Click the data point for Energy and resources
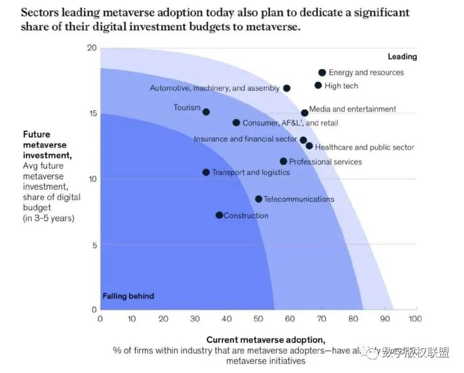(322, 73)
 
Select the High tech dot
(318, 85)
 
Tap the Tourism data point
(206, 112)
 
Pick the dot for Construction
(219, 215)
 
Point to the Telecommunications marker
(259, 199)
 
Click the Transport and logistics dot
(206, 172)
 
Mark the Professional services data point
(284, 161)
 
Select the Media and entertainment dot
(305, 113)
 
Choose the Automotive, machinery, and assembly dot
(287, 88)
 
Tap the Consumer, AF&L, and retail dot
(236, 123)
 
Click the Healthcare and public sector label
(365, 147)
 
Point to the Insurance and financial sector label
(245, 139)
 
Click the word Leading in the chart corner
(402, 56)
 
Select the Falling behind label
(128, 296)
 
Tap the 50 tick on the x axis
(259, 319)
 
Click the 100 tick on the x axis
(415, 319)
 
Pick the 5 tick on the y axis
(93, 245)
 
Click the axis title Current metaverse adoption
(266, 340)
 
